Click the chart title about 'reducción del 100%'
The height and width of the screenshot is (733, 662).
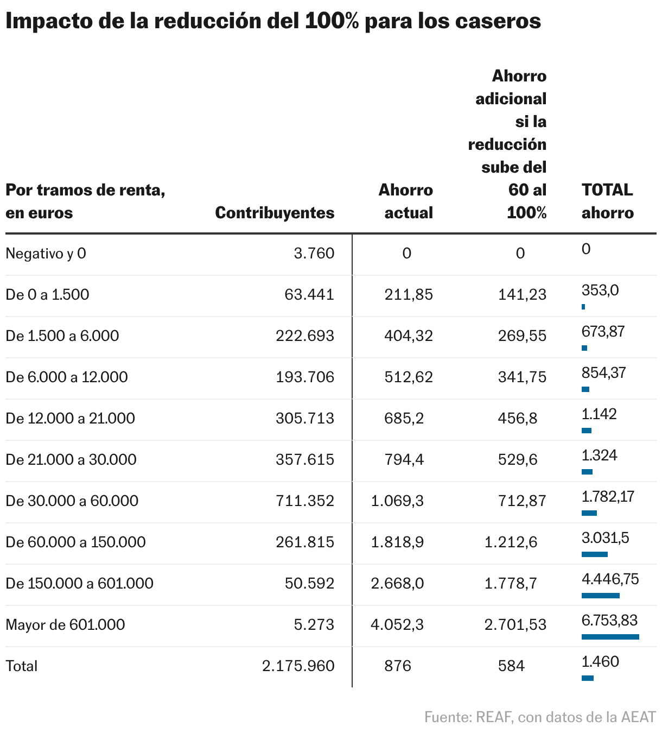pyautogui.click(x=273, y=21)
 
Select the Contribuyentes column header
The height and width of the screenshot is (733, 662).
pyautogui.click(x=275, y=212)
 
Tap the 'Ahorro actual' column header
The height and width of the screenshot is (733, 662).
pyautogui.click(x=406, y=201)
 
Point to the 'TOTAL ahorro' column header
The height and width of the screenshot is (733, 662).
pyautogui.click(x=607, y=201)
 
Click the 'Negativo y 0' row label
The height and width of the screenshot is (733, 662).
pyautogui.click(x=46, y=254)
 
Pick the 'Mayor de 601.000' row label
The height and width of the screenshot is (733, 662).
pyautogui.click(x=65, y=625)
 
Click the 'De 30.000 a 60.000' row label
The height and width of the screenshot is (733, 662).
pyautogui.click(x=72, y=501)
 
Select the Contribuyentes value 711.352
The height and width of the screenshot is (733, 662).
pyautogui.click(x=305, y=501)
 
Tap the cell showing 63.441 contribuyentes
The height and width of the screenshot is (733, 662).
pyautogui.click(x=309, y=295)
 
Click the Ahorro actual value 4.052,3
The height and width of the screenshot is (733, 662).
pyautogui.click(x=397, y=625)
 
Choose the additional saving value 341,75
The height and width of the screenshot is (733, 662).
pyautogui.click(x=522, y=377)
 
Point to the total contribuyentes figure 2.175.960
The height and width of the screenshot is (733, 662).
pyautogui.click(x=298, y=666)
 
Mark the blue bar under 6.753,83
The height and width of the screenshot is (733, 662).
pyautogui.click(x=610, y=637)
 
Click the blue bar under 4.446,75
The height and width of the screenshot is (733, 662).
pyautogui.click(x=600, y=596)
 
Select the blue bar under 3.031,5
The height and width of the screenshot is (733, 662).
pyautogui.click(x=594, y=554)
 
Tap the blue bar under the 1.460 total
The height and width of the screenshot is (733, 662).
pyautogui.click(x=587, y=678)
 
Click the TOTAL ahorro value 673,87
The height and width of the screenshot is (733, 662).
pyautogui.click(x=603, y=331)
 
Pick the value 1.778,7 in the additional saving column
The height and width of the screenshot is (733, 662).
pyautogui.click(x=511, y=584)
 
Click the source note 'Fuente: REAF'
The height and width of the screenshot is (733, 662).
pyautogui.click(x=540, y=717)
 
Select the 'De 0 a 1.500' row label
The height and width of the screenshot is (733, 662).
pyautogui.click(x=47, y=295)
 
